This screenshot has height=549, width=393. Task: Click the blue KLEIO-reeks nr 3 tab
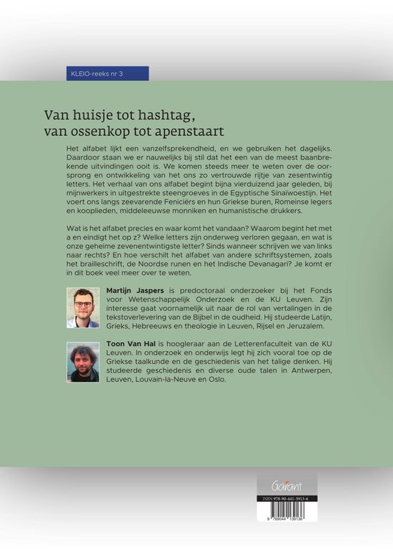click(x=105, y=74)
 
